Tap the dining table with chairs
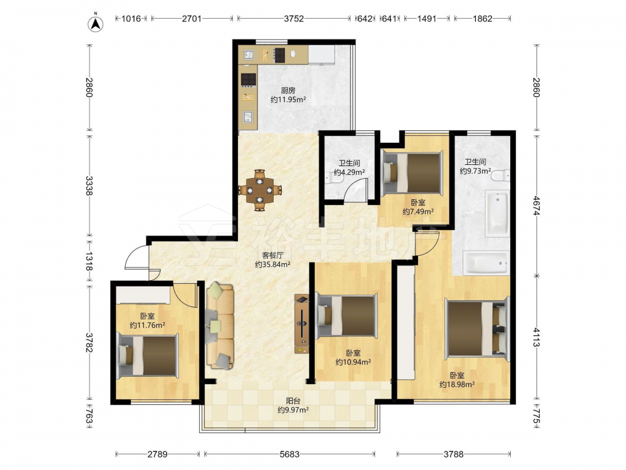(260, 191)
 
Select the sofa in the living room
(220, 326)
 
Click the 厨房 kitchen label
(288, 91)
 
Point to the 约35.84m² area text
(273, 264)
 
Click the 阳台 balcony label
(293, 400)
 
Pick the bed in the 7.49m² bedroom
(413, 172)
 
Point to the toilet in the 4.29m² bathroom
(334, 180)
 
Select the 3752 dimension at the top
(294, 18)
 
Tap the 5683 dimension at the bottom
(289, 454)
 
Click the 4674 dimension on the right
(536, 206)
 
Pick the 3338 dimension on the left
(89, 185)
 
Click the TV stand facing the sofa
(302, 324)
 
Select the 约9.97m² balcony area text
(293, 410)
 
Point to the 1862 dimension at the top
(482, 18)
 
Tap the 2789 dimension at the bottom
(157, 454)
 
